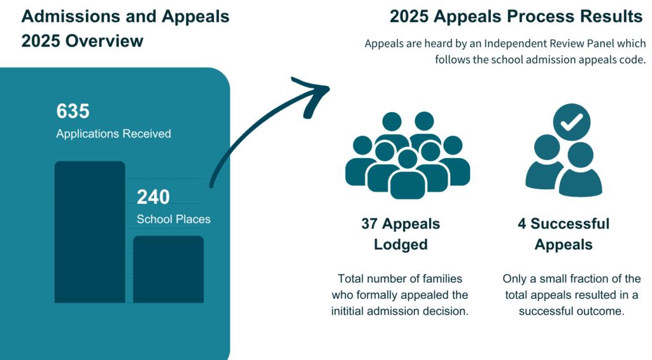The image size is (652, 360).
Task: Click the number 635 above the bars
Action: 73,111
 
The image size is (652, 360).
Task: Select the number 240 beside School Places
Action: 153,197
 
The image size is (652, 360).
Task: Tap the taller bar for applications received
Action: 90,232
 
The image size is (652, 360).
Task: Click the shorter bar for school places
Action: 168,270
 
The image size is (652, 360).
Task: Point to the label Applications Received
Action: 113,134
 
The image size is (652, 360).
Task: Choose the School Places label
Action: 173,219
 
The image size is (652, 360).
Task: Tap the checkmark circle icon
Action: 572,122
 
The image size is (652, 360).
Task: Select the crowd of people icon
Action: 407,155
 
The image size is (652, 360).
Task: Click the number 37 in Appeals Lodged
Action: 369,224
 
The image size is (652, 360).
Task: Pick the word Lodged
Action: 401,244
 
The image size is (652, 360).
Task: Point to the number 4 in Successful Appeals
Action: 522,224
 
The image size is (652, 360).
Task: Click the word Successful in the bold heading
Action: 570,224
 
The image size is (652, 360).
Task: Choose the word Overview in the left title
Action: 104,41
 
